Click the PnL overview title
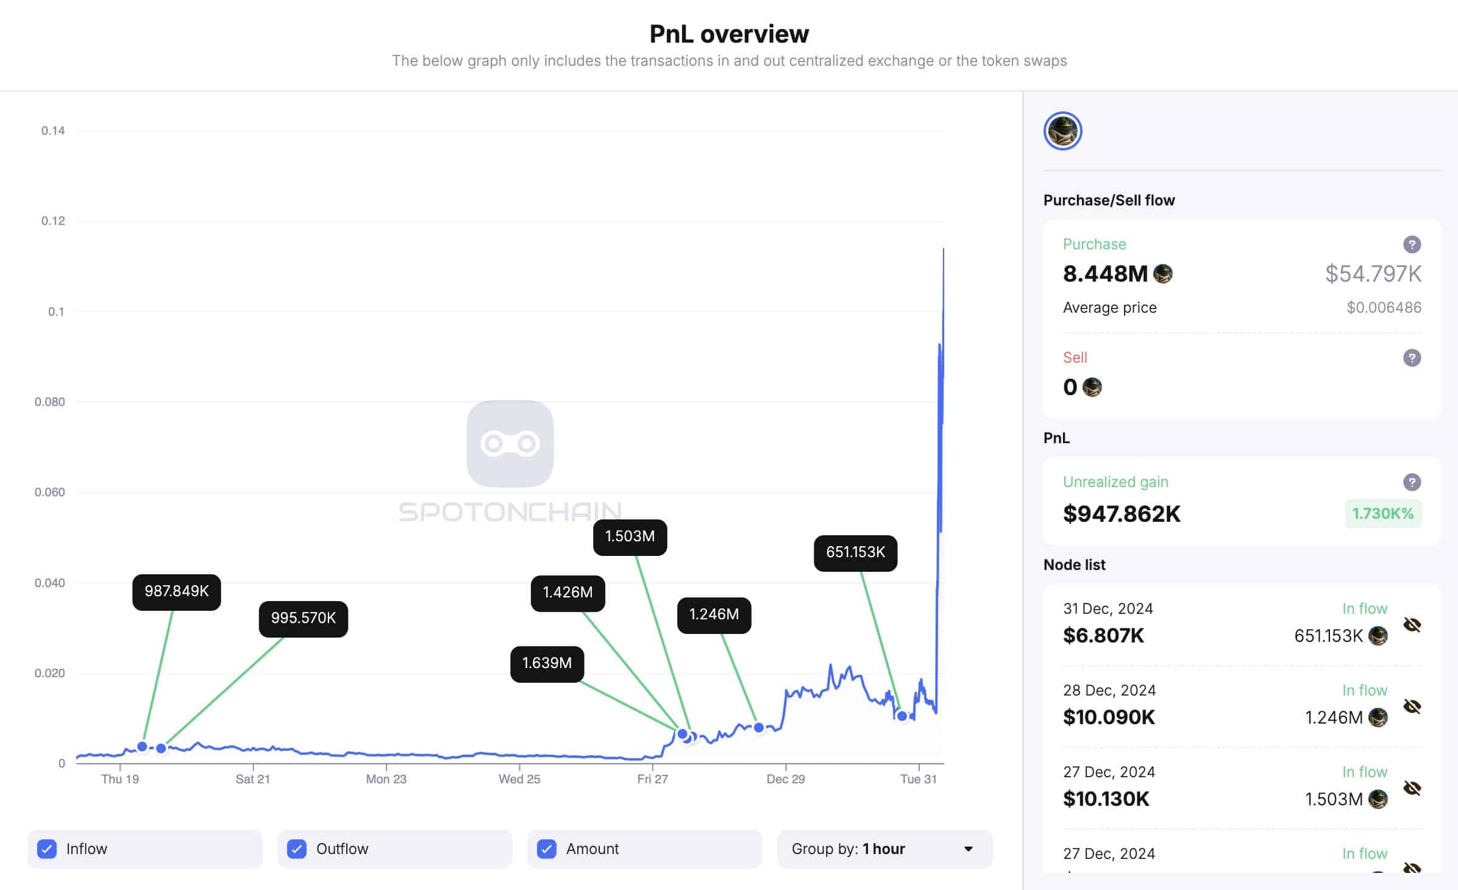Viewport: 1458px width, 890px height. pos(729,34)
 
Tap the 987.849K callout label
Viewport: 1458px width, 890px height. pos(176,591)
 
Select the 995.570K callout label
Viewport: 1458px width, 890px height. pos(303,618)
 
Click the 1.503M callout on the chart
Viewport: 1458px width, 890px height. pos(630,536)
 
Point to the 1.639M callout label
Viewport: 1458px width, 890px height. pos(547,663)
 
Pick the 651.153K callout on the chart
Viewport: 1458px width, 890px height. pos(855,552)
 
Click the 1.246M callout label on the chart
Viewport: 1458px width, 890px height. pos(714,614)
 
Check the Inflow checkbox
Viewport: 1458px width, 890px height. pos(47,849)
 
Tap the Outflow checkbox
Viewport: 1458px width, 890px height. pos(297,849)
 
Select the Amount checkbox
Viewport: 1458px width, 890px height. pos(547,849)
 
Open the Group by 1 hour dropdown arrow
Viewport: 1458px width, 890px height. pos(968,849)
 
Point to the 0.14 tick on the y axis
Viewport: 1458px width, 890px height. pos(53,130)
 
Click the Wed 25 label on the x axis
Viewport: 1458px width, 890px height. pos(519,779)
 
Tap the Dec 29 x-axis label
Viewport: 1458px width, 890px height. pos(785,779)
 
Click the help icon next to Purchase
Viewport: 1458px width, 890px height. pos(1412,244)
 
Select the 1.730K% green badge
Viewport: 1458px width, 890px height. pos(1382,513)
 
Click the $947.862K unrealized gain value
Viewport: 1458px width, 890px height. pos(1122,514)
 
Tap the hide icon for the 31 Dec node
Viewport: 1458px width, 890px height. pos(1412,625)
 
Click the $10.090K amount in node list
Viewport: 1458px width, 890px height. pos(1109,717)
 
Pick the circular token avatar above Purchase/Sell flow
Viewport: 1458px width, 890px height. pos(1062,131)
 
